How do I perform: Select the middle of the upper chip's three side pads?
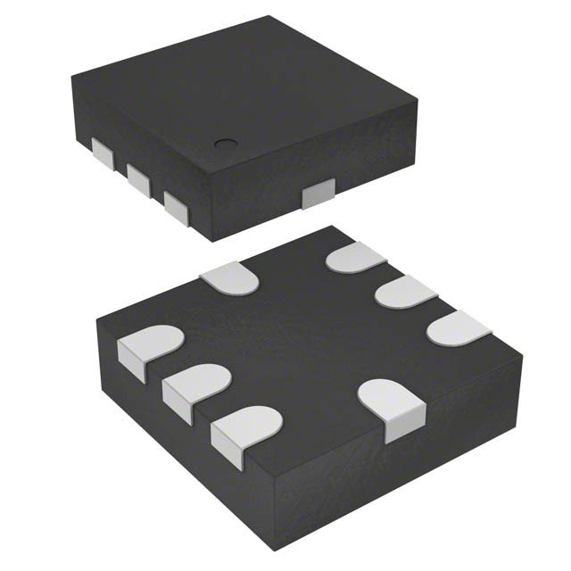tap(138, 178)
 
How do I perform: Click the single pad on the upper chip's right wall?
tap(318, 194)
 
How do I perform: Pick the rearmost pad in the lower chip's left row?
tap(145, 350)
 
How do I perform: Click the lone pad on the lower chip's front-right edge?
tap(393, 407)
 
